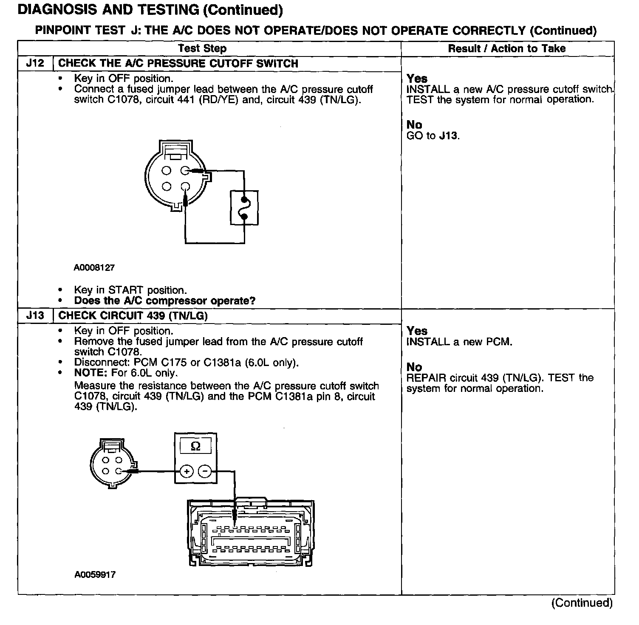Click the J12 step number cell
(x=35, y=64)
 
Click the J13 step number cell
(x=35, y=316)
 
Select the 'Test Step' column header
(x=202, y=48)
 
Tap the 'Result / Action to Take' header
(x=507, y=48)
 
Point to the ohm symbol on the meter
(x=195, y=446)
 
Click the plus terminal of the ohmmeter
(x=187, y=471)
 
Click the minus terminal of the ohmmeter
(x=205, y=471)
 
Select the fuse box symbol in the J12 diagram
(x=244, y=208)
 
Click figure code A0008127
(x=94, y=268)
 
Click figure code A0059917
(x=95, y=575)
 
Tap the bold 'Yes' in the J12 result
(x=417, y=79)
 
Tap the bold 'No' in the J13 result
(x=414, y=367)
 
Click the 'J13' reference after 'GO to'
(x=449, y=136)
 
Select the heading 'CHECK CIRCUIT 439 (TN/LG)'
(x=133, y=316)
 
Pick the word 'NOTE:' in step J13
(x=91, y=373)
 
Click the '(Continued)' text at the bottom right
(x=582, y=603)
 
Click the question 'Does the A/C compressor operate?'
(x=164, y=301)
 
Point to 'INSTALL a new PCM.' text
(x=459, y=342)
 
